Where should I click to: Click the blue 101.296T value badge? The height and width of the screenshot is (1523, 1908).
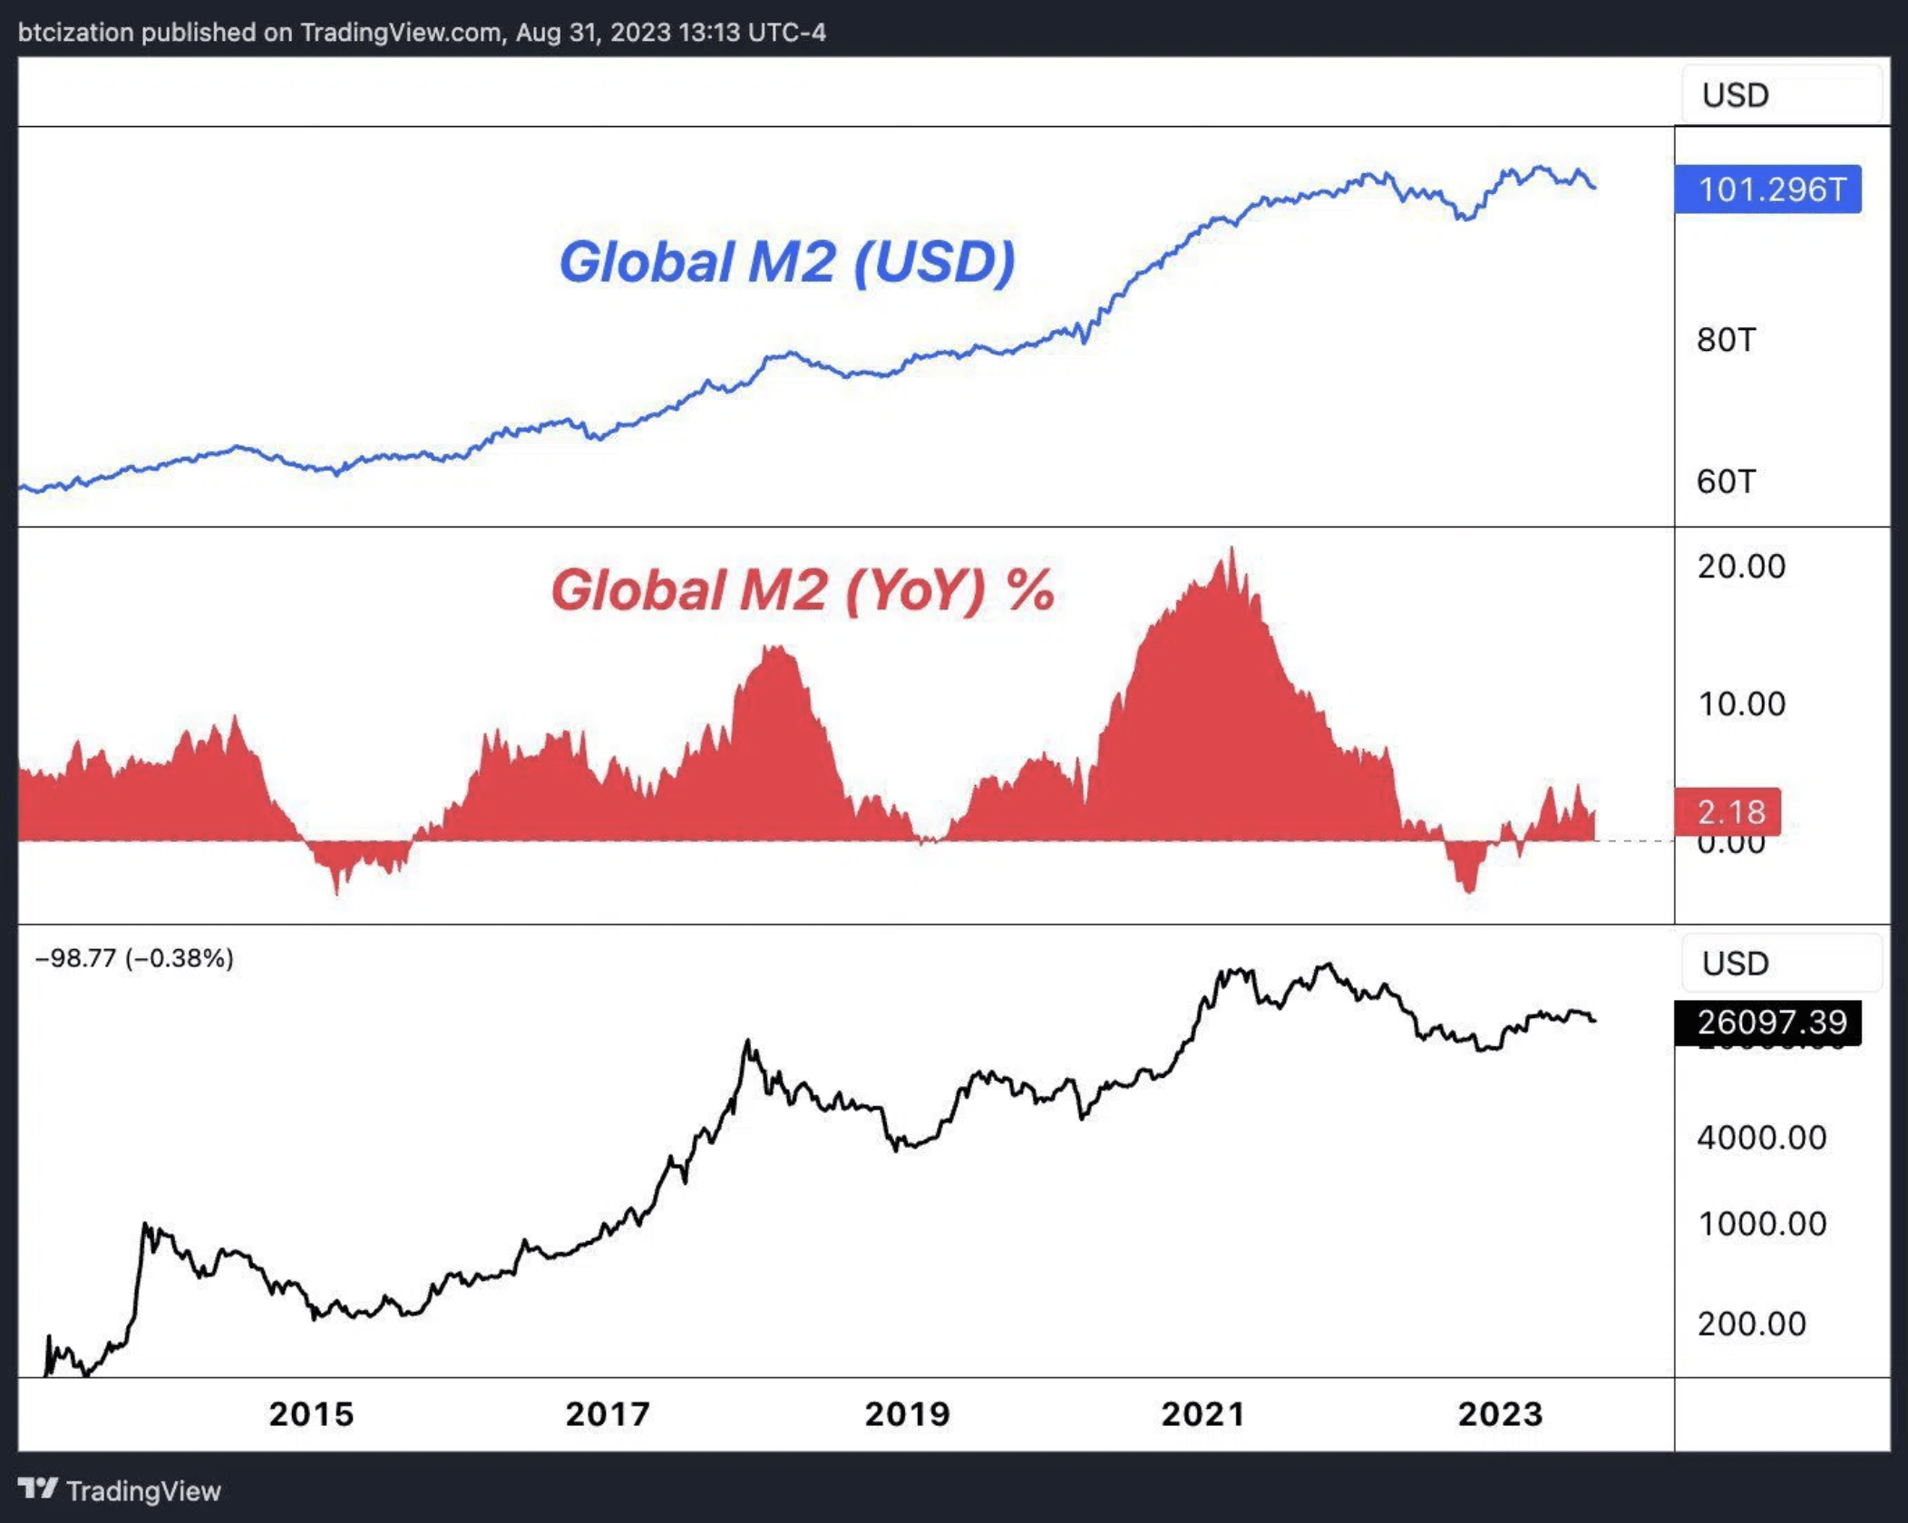1767,189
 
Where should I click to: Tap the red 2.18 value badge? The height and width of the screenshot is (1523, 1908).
1727,811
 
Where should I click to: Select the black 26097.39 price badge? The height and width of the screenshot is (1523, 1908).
1767,1023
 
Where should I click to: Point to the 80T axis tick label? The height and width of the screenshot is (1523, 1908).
1726,340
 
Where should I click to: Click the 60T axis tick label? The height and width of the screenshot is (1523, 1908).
1726,481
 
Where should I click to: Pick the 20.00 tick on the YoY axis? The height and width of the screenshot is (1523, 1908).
1741,567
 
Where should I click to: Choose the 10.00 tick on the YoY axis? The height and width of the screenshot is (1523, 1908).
1741,704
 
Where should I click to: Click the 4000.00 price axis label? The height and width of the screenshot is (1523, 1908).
1761,1138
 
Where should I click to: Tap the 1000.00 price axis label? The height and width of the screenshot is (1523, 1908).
1761,1224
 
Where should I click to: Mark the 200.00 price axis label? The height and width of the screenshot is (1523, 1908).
1751,1324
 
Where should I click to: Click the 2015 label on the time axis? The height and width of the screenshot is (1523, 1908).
311,1414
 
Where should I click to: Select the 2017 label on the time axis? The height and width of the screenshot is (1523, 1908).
608,1414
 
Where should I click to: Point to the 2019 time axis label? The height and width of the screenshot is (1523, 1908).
907,1414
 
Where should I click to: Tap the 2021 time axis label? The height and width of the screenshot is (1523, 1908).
1203,1414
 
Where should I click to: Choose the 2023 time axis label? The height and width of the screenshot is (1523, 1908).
1500,1414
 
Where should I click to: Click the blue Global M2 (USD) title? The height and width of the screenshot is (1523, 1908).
786,262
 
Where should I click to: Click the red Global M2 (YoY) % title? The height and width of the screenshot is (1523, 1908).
803,590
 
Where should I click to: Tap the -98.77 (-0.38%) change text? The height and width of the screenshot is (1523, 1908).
134,958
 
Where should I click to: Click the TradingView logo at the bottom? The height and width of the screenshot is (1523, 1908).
120,1490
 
